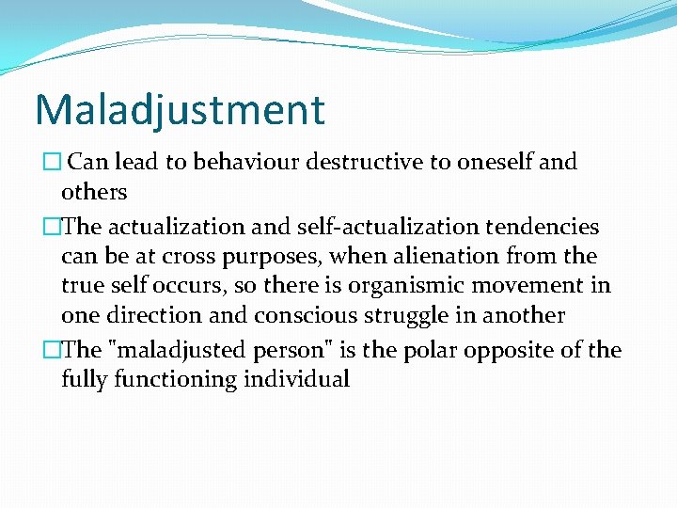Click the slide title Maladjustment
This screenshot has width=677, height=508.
(180, 109)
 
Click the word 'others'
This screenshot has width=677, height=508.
(94, 192)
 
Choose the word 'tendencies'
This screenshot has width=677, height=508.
(546, 227)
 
